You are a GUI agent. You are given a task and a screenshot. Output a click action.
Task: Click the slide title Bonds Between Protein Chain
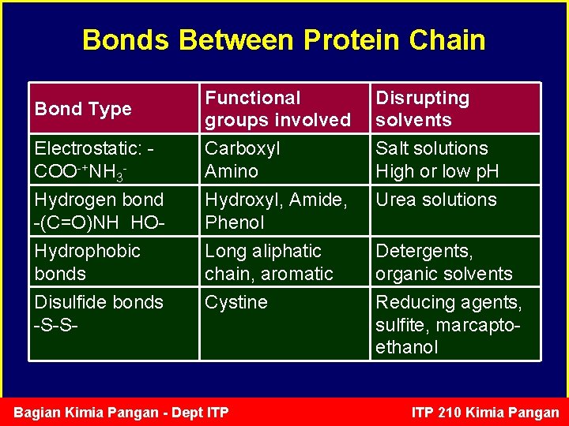pos(284,39)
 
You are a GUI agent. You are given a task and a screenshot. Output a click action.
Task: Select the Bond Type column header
pos(83,109)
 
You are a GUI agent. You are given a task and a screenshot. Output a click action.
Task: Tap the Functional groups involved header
pos(277,109)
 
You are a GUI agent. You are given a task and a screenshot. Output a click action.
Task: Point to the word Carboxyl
pos(243,148)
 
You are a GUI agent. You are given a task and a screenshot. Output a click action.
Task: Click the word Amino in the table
pos(232,171)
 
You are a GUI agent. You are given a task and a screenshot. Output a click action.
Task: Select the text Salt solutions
pos(431,148)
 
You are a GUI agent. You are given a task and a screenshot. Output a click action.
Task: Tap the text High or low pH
pos(437,171)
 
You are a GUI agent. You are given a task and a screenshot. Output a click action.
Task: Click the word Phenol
pos(235,222)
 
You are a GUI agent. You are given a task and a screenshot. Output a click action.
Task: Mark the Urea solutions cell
pos(436,200)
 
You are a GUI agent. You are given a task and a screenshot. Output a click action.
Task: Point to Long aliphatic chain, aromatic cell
pos(269,262)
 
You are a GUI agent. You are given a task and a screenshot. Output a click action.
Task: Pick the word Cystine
pos(236,302)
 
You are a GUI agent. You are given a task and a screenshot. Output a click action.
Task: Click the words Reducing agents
pos(449,302)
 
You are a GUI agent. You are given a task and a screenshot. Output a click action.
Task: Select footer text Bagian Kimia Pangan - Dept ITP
pos(122,413)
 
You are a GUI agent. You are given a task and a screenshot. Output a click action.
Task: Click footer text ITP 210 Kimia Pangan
pos(485,413)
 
